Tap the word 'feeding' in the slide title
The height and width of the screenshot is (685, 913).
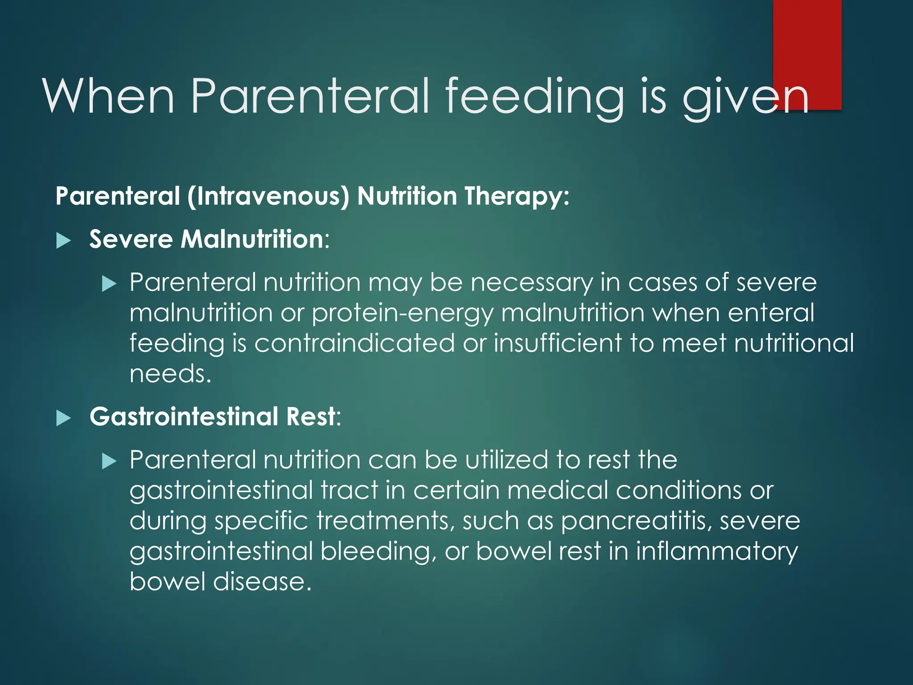pos(535,96)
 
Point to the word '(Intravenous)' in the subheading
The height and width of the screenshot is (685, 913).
pos(268,197)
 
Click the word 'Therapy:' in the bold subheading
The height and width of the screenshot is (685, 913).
pos(517,197)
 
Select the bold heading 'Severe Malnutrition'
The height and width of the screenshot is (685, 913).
pos(206,239)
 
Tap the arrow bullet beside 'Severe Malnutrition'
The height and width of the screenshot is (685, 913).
pos(64,241)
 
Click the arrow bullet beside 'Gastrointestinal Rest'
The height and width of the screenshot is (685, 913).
pos(64,418)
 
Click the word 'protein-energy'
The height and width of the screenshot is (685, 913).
pos(403,313)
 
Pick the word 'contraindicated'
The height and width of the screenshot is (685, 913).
pos(354,343)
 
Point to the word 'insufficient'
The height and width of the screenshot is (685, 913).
pos(557,343)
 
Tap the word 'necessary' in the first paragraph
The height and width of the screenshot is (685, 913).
pos(532,283)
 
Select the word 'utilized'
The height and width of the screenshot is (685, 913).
pos(507,460)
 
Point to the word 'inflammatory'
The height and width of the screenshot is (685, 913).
pos(716,552)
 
